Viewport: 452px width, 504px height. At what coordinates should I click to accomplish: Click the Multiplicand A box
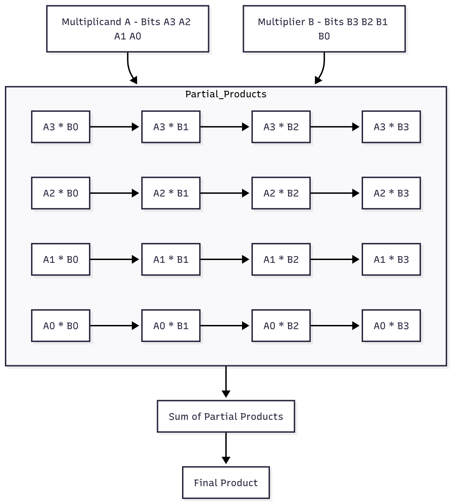[x=128, y=29]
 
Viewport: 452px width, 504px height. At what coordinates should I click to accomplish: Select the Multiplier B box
[x=324, y=29]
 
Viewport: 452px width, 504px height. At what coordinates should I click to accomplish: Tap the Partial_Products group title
[x=226, y=94]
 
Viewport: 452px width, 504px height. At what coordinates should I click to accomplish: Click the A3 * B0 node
[x=61, y=127]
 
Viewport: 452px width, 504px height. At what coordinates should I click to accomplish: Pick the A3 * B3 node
[x=391, y=127]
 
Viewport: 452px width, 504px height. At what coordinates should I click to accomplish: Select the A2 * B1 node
[x=171, y=193]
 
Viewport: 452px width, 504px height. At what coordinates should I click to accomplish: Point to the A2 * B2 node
[x=281, y=193]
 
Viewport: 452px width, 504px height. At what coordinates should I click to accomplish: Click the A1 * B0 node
[x=61, y=260]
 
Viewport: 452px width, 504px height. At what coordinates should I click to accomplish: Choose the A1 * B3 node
[x=391, y=260]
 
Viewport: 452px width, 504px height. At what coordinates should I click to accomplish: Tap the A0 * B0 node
[x=61, y=326]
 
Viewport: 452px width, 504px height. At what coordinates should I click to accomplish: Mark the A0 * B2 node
[x=281, y=326]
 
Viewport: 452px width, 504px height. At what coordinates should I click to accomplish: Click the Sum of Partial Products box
[x=226, y=416]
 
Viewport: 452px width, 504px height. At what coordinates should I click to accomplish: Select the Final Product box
[x=226, y=483]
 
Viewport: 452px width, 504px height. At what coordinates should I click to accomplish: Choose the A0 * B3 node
[x=391, y=326]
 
